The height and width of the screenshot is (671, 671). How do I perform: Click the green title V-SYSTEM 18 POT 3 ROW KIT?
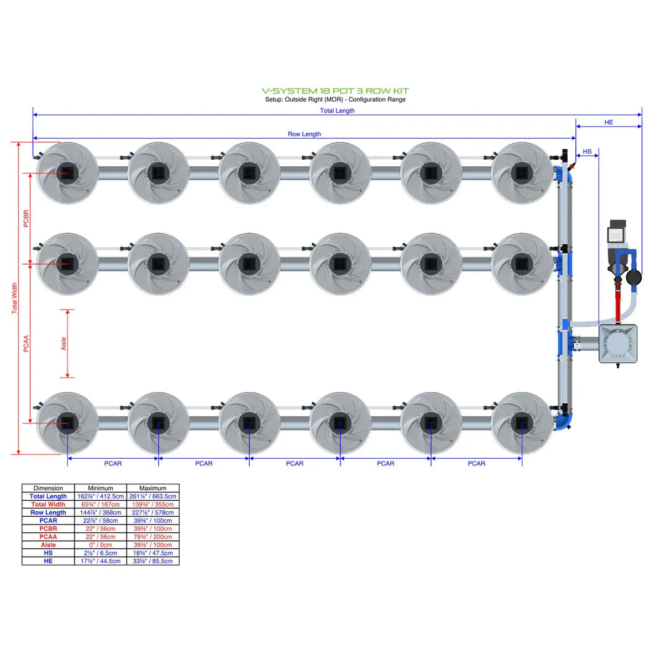coord(335,91)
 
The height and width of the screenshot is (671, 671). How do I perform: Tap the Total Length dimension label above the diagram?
coord(337,111)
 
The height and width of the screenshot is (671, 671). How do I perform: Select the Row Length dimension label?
coord(304,134)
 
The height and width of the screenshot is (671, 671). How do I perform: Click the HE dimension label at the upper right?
coord(609,122)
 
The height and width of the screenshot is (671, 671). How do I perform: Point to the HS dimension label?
coord(587,151)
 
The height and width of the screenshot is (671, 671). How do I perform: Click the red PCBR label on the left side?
coord(26,218)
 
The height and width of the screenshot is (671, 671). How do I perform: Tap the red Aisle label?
coord(64,343)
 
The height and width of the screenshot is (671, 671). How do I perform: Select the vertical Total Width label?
coord(15,298)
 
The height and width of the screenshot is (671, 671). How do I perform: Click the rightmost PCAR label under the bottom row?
coord(476,463)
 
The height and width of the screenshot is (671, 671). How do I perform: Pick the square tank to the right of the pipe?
coord(618,343)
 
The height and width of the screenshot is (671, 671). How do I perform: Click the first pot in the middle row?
coord(67,264)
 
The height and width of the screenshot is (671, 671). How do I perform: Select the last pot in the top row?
coord(521,173)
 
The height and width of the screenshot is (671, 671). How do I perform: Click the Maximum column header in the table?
coord(153,488)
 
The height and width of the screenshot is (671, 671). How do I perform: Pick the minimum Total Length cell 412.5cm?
coord(101,496)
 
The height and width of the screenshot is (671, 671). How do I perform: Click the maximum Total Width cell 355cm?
coord(153,504)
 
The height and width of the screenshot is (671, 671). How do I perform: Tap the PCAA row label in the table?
coord(48,537)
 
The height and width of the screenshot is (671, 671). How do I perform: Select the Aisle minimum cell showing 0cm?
coord(101,544)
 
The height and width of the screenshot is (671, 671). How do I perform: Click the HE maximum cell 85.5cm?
coord(153,561)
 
